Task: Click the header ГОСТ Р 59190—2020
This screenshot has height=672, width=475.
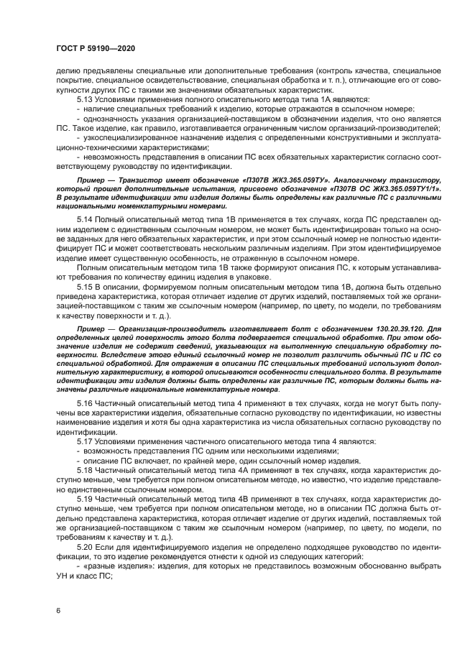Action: [96, 47]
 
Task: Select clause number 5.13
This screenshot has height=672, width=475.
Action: [85, 98]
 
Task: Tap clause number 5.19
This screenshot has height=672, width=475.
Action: [85, 517]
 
